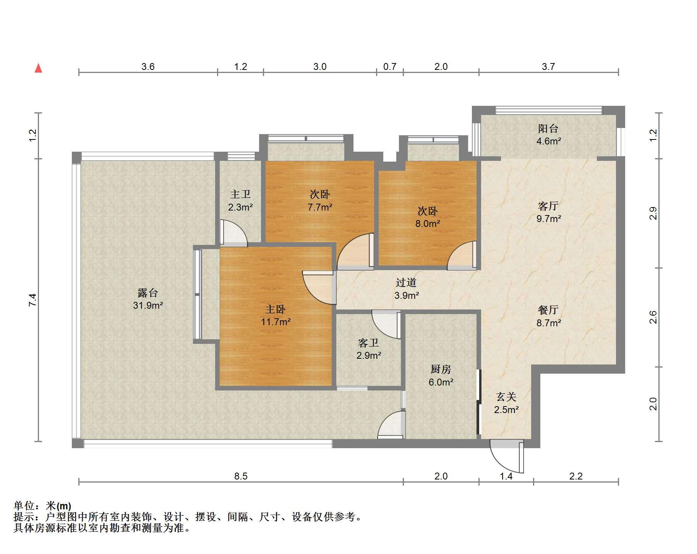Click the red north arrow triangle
pyautogui.click(x=38, y=68)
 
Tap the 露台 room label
pyautogui.click(x=148, y=293)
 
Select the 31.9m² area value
pyautogui.click(x=148, y=305)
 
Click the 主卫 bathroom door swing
pyautogui.click(x=234, y=233)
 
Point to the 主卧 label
pyautogui.click(x=276, y=309)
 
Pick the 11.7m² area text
pyautogui.click(x=276, y=322)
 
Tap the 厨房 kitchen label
pyautogui.click(x=441, y=369)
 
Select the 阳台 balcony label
pyautogui.click(x=548, y=129)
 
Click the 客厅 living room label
pyautogui.click(x=548, y=206)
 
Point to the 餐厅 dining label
pyautogui.click(x=548, y=310)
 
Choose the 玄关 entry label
pyautogui.click(x=506, y=397)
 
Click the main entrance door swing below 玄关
pyautogui.click(x=507, y=457)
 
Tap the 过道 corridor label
pyautogui.click(x=406, y=282)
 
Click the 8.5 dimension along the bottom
pyautogui.click(x=241, y=476)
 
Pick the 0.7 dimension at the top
pyautogui.click(x=389, y=66)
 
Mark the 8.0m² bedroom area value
pyautogui.click(x=428, y=224)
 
